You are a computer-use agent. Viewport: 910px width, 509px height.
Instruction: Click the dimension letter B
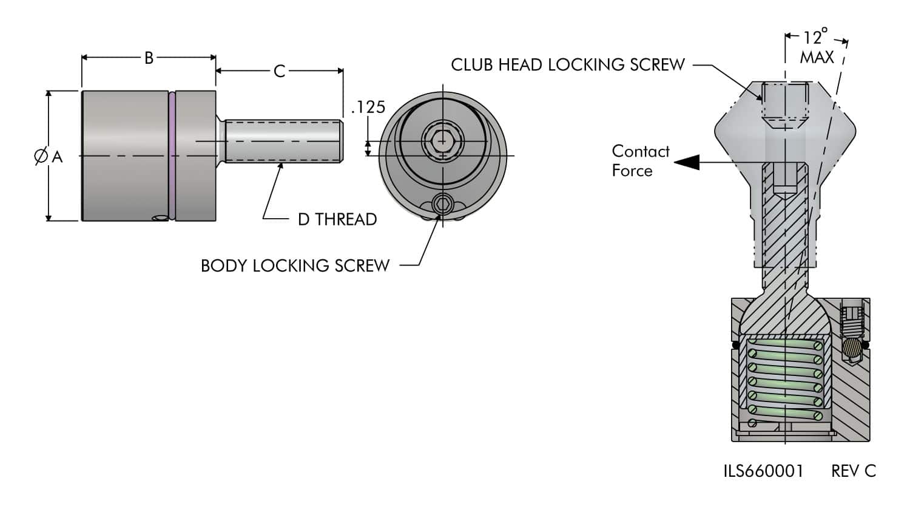tap(149, 58)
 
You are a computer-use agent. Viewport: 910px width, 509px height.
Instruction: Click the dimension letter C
tap(279, 72)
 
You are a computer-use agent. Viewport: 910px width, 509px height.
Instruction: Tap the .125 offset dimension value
tap(368, 108)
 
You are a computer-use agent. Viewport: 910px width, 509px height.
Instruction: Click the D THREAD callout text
tap(337, 219)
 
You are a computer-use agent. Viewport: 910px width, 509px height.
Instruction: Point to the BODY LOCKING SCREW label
tap(295, 266)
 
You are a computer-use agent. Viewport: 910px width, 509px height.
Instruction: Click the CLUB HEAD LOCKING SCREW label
tap(567, 65)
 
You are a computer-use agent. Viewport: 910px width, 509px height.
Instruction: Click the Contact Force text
tap(640, 161)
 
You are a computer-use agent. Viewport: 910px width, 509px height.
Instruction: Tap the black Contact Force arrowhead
tap(687, 162)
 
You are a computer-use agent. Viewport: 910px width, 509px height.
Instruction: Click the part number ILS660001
tap(763, 471)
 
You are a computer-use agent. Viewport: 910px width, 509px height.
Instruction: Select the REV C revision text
tap(854, 471)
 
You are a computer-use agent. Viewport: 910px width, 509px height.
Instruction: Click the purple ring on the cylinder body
tap(172, 155)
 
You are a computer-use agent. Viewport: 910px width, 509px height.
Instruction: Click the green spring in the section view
tap(785, 380)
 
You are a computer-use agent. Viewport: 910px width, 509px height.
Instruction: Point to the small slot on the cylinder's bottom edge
tap(162, 217)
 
